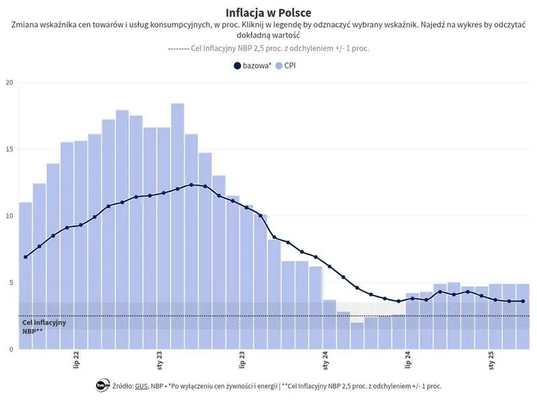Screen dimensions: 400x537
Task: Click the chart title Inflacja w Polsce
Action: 268,13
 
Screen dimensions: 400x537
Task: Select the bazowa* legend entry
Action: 252,66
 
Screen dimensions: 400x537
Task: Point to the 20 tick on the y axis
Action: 9,83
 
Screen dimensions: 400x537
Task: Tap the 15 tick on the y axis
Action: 9,149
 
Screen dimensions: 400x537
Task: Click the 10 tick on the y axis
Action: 9,216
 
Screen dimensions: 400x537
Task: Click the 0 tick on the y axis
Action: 10,349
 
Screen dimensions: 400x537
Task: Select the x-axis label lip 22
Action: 75,360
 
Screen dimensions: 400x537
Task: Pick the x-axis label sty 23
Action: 159,360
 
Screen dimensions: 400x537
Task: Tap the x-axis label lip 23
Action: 242,360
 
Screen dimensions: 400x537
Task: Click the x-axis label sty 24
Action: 326,360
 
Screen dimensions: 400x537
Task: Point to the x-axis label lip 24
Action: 408,360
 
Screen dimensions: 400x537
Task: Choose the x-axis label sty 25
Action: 492,360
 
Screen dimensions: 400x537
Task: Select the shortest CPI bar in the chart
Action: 357,336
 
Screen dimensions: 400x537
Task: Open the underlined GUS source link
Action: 141,386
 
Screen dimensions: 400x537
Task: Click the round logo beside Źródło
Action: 103,385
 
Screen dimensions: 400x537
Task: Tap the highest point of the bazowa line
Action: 191,185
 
